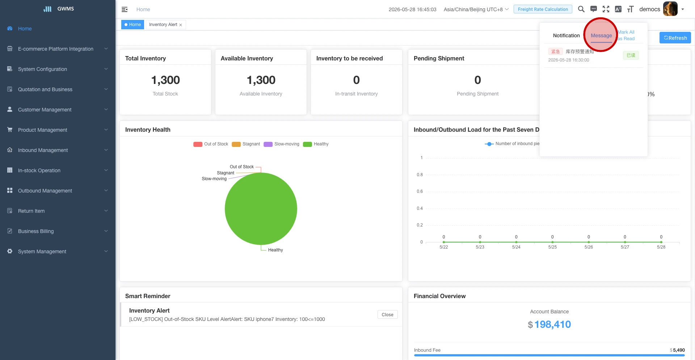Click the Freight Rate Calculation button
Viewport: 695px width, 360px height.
pyautogui.click(x=543, y=9)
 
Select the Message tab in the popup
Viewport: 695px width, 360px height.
pyautogui.click(x=601, y=35)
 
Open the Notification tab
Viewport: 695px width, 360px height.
pyautogui.click(x=566, y=35)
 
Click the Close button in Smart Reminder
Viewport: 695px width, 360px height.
pyautogui.click(x=387, y=315)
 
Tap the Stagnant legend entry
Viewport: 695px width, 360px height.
pyautogui.click(x=246, y=144)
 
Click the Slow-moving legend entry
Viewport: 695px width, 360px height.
pyautogui.click(x=282, y=144)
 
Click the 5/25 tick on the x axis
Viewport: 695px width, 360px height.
pyautogui.click(x=552, y=247)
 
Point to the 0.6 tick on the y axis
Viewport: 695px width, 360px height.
pyautogui.click(x=420, y=191)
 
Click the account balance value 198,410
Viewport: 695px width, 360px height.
pyautogui.click(x=552, y=325)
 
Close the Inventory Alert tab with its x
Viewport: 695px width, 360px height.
pyautogui.click(x=181, y=25)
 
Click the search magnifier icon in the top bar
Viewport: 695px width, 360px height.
pyautogui.click(x=581, y=9)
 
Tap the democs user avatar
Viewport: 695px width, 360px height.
pyautogui.click(x=670, y=9)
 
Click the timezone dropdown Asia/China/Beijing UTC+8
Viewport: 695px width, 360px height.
pyautogui.click(x=476, y=9)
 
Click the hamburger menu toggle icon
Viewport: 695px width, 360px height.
pyautogui.click(x=125, y=9)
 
